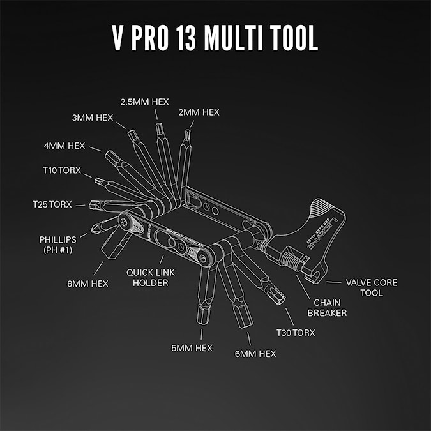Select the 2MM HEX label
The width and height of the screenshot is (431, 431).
pyautogui.click(x=199, y=112)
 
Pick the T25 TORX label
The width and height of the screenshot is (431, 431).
pyautogui.click(x=53, y=204)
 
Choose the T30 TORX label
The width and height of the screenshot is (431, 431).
pyautogui.click(x=295, y=332)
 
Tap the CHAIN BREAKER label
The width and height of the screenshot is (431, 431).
pyautogui.click(x=327, y=308)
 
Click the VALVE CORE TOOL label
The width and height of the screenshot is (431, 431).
pyautogui.click(x=372, y=287)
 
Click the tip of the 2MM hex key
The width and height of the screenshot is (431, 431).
pyautogui.click(x=188, y=133)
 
